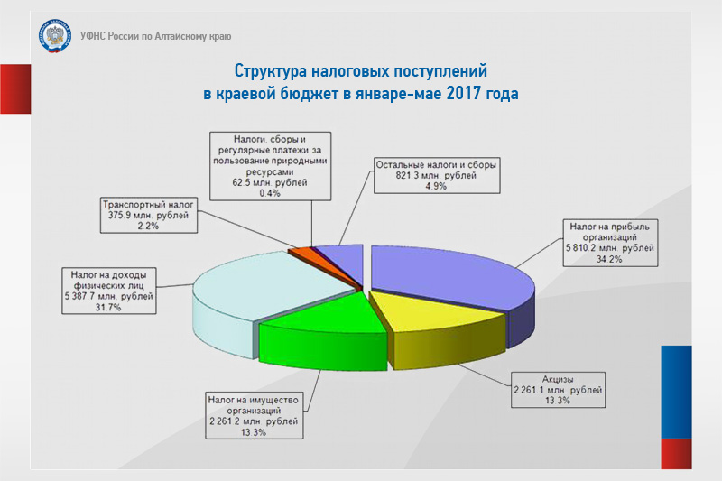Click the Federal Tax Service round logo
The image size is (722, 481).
click(55, 36)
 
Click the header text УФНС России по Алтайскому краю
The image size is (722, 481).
click(155, 36)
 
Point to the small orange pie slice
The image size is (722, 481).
click(301, 254)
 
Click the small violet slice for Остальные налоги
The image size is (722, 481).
click(343, 259)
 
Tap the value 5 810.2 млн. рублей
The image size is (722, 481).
click(610, 248)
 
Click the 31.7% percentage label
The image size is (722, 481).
click(108, 307)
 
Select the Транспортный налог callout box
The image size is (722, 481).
click(149, 215)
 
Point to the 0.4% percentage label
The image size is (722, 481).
click(270, 193)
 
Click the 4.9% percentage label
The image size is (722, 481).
click(436, 186)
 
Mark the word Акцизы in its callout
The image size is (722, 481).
click(558, 379)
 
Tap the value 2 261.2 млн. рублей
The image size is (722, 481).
click(254, 421)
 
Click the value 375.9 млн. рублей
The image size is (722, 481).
click(148, 215)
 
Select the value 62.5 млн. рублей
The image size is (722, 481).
click(270, 182)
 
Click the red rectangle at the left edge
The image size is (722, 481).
click(15, 88)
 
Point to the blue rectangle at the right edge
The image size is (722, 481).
click(676, 392)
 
